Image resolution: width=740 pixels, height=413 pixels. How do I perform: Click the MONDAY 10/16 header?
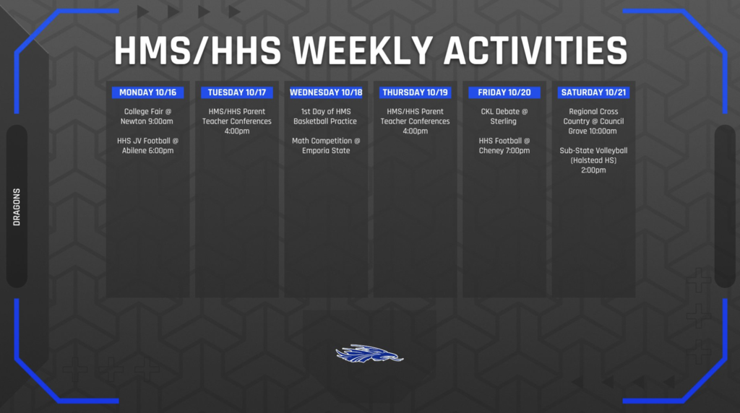pyautogui.click(x=147, y=92)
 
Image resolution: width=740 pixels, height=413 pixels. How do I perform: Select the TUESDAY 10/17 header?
pyautogui.click(x=237, y=92)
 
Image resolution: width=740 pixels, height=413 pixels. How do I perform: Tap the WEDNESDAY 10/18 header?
pyautogui.click(x=326, y=92)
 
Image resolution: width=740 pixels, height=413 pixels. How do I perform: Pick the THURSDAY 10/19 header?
pyautogui.click(x=416, y=92)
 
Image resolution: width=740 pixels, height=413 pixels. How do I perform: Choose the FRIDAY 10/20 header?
pyautogui.click(x=504, y=92)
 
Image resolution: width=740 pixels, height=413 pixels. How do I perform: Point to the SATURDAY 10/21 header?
pyautogui.click(x=593, y=92)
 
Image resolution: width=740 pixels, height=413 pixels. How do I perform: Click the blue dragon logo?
pyautogui.click(x=369, y=354)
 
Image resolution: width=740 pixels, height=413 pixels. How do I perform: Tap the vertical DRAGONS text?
pyautogui.click(x=17, y=207)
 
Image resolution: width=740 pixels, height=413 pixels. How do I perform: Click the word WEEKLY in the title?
pyautogui.click(x=363, y=51)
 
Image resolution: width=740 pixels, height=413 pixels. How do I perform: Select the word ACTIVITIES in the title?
pyautogui.click(x=535, y=51)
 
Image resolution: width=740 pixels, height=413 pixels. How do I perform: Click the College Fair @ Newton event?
pyautogui.click(x=147, y=116)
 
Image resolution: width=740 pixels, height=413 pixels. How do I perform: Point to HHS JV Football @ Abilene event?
pyautogui.click(x=147, y=146)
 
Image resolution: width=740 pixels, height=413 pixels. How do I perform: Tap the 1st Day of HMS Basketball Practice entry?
pyautogui.click(x=326, y=116)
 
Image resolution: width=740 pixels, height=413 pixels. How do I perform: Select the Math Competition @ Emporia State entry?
pyautogui.click(x=326, y=146)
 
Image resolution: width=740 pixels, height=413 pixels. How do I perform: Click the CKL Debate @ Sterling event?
pyautogui.click(x=504, y=116)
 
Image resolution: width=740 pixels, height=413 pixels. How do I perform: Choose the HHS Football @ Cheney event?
pyautogui.click(x=504, y=146)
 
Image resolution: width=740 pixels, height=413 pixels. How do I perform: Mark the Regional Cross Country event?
pyautogui.click(x=593, y=121)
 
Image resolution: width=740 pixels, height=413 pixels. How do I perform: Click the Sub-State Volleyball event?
pyautogui.click(x=593, y=160)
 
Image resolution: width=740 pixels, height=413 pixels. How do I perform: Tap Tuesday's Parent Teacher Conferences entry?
pyautogui.click(x=237, y=121)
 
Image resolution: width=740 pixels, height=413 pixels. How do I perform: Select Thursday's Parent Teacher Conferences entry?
pyautogui.click(x=416, y=121)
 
